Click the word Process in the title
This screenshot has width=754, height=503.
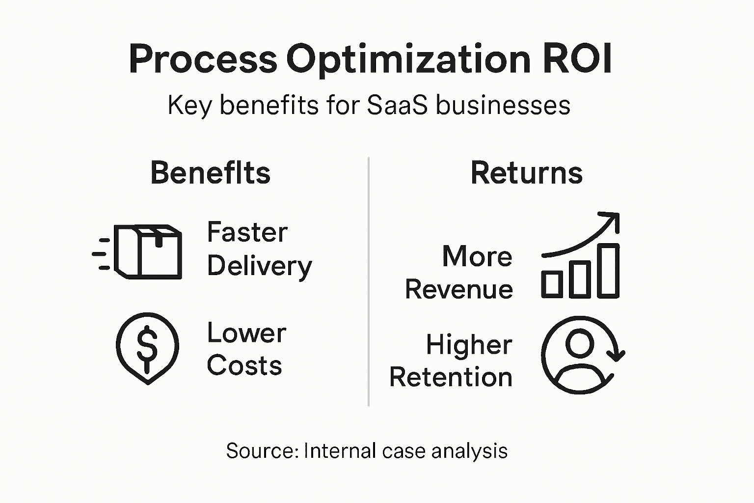[x=203, y=59]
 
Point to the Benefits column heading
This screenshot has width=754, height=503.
[x=210, y=173]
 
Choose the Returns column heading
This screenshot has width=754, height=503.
[x=526, y=173]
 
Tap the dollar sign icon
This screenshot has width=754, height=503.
[x=147, y=346]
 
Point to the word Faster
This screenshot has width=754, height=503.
[x=247, y=232]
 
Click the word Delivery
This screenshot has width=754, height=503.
[x=259, y=266]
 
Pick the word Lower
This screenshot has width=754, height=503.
[x=246, y=333]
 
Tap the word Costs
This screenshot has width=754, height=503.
[x=244, y=366]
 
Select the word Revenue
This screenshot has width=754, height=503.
[x=459, y=289]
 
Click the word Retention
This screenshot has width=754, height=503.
[x=451, y=377]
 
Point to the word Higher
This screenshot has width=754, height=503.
[x=469, y=344]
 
